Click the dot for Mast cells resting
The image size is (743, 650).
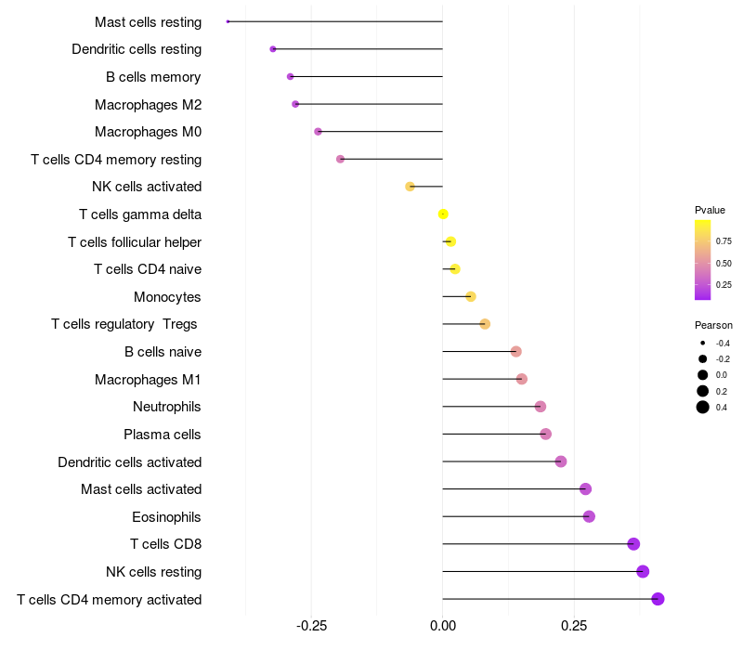[228, 21]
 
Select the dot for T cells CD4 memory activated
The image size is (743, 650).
[658, 599]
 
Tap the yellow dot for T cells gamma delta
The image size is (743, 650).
[443, 214]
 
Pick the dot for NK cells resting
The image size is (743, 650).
[643, 572]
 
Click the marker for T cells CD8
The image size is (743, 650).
[633, 544]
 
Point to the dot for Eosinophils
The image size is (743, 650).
[589, 516]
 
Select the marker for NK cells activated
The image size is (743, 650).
[410, 187]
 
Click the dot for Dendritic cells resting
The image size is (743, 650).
[272, 49]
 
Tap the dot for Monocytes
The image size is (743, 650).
[470, 296]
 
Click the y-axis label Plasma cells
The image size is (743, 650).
[163, 435]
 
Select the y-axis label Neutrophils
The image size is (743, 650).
[167, 407]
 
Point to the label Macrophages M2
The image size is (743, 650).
[148, 104]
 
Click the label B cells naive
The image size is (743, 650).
[163, 352]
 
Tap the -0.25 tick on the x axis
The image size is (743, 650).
[311, 626]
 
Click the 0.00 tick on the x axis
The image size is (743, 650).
[443, 626]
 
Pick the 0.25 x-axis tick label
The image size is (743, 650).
[574, 626]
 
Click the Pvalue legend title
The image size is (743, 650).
[710, 210]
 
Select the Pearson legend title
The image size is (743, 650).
[713, 325]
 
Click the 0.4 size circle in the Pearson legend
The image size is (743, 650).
[703, 407]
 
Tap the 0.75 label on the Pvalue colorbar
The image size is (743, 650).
[723, 240]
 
